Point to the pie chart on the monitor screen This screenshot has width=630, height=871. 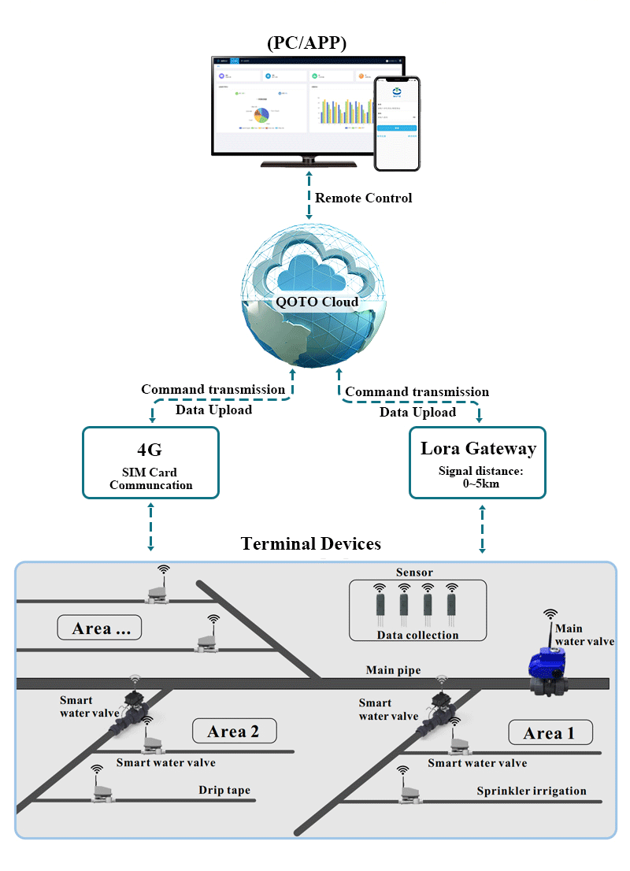point(259,115)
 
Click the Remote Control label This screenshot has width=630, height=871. point(363,198)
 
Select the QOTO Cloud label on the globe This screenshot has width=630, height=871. point(313,302)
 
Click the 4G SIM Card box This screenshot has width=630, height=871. point(150,462)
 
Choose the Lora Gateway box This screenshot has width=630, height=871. point(477,462)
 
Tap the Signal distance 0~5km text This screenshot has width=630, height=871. point(480,478)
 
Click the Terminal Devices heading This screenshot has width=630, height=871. point(311,543)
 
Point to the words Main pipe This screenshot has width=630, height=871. point(393,670)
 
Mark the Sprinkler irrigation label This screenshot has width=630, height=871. point(532,791)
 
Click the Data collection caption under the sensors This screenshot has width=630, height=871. point(417,635)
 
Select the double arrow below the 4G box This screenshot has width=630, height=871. point(151,527)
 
